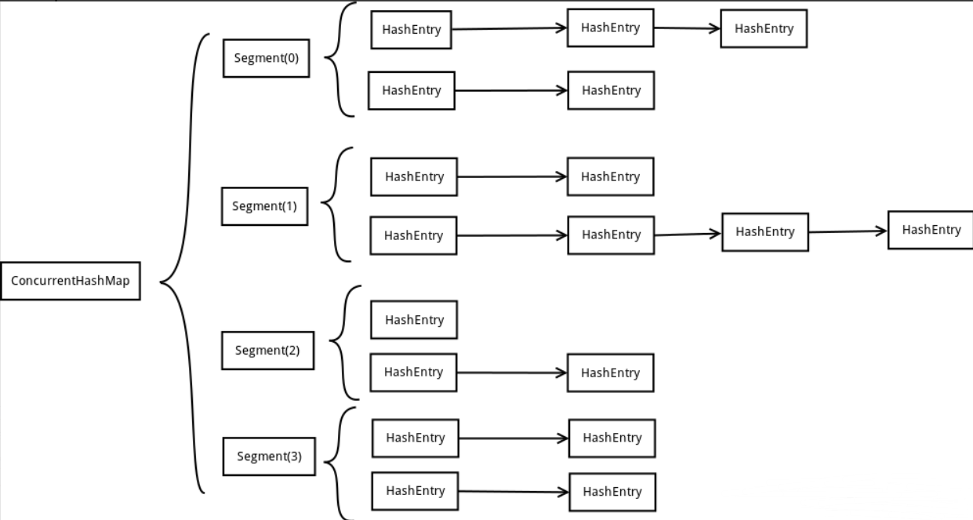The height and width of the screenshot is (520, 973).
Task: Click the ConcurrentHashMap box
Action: tap(71, 281)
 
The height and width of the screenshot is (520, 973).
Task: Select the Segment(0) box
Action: tap(267, 58)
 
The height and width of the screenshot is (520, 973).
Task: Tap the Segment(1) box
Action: tap(264, 206)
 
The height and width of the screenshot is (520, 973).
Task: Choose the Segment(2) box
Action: tap(267, 351)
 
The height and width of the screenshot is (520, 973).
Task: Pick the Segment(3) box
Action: tap(269, 456)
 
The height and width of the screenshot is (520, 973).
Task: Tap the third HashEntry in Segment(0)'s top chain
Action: tap(764, 29)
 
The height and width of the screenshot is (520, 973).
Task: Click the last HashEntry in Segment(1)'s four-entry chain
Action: tap(930, 231)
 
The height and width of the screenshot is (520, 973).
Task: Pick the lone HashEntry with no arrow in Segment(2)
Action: tap(414, 320)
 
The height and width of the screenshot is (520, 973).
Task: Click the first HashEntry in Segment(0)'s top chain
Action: tap(411, 30)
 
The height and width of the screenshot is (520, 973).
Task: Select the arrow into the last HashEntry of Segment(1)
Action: tap(848, 231)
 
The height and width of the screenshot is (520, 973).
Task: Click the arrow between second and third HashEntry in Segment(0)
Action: tap(687, 28)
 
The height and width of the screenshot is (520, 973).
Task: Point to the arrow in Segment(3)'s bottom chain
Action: tap(514, 492)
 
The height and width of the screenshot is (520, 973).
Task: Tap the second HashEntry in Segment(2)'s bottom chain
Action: tap(610, 373)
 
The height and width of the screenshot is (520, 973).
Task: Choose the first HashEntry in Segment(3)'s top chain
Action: tap(416, 438)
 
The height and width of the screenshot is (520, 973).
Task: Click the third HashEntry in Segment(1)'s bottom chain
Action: tap(765, 232)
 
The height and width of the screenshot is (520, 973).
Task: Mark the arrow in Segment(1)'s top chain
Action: tap(512, 176)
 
